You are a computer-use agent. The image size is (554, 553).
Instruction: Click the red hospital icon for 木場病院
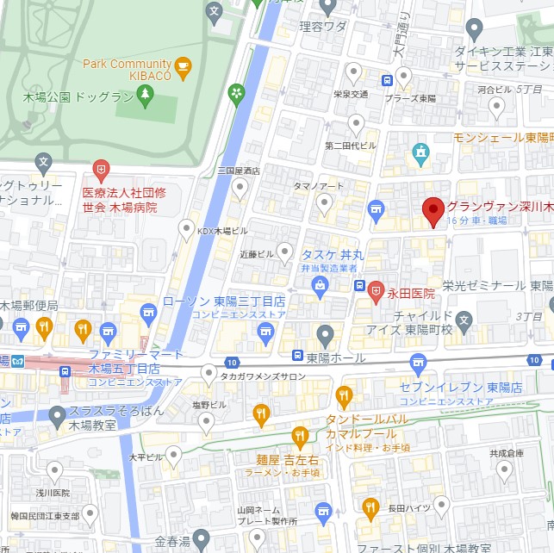click(x=102, y=169)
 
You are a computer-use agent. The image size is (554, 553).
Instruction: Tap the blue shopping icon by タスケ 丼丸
click(x=321, y=284)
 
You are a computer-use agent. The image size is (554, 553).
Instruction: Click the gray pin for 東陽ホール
click(x=325, y=334)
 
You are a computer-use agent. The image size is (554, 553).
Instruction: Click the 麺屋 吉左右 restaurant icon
click(x=300, y=437)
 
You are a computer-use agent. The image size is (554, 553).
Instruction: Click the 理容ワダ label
click(x=323, y=27)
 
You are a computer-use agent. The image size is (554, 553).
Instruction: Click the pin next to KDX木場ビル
click(x=186, y=229)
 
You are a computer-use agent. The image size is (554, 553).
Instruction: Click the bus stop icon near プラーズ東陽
click(x=388, y=81)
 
